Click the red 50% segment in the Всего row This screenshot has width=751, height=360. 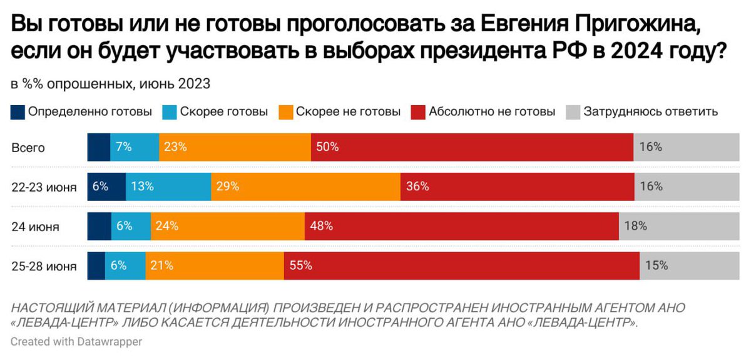pos(472,148)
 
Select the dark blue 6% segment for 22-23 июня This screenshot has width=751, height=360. pos(106,187)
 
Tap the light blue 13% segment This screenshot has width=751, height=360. pos(168,187)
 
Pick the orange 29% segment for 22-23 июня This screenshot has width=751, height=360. pos(305,187)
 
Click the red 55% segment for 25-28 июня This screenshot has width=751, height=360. pos(461,265)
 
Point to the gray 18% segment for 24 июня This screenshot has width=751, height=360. pos(678,226)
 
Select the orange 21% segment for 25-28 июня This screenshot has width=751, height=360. pos(215,265)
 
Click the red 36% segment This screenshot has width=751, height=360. pos(517,187)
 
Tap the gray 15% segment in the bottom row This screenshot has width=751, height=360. pos(689,265)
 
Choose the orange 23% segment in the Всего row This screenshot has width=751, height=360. pos(235,148)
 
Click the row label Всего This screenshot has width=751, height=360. pos(28,148)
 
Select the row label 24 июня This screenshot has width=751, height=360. pos(36,227)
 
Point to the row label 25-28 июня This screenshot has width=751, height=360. pos(44,266)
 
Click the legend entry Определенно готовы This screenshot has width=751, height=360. pos(90,112)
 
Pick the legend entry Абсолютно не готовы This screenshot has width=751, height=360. pos(492,112)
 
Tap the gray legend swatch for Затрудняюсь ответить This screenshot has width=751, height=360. pos(573,113)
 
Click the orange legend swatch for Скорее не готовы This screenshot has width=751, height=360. pos(286,113)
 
